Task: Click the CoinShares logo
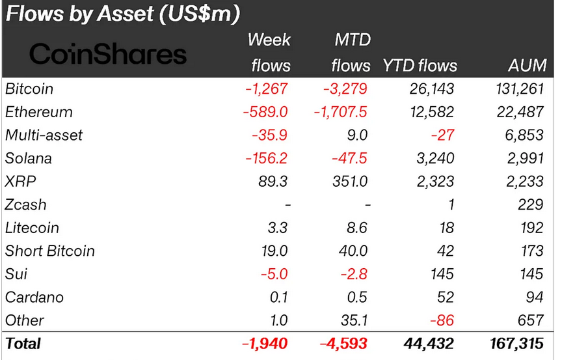click(x=108, y=54)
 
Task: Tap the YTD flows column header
click(x=420, y=66)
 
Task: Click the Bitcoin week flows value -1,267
click(x=267, y=89)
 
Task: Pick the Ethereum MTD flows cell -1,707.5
click(x=340, y=112)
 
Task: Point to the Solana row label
click(x=28, y=158)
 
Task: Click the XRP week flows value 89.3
click(x=273, y=182)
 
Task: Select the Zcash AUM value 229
click(x=531, y=204)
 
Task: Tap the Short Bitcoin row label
click(x=49, y=251)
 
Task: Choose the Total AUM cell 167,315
click(x=518, y=343)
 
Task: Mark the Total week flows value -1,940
click(x=264, y=343)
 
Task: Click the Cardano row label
click(x=34, y=297)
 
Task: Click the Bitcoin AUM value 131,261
click(x=518, y=89)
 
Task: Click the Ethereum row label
click(x=38, y=112)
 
